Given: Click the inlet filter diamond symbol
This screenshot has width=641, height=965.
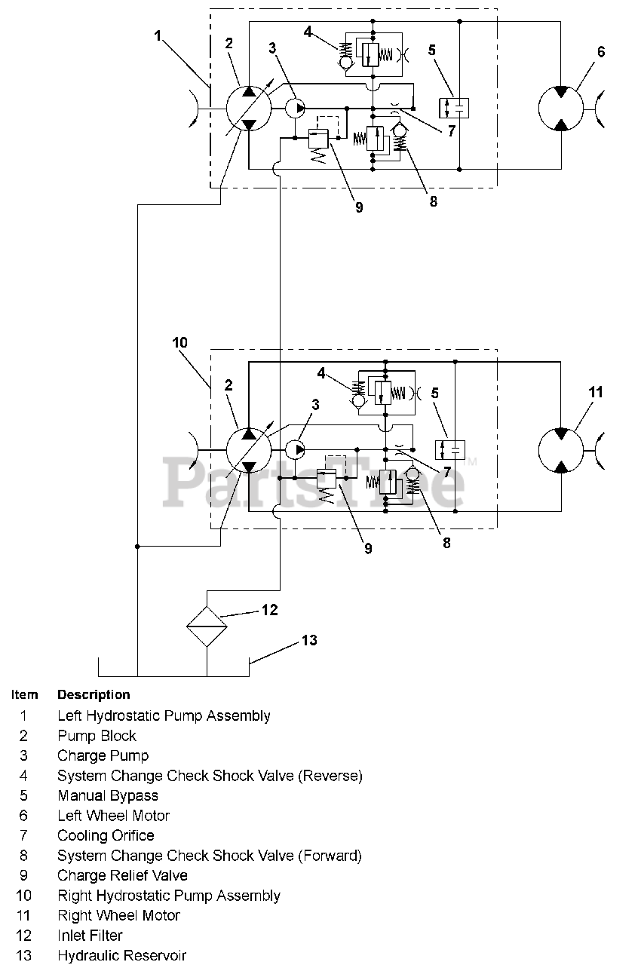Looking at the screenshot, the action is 207,626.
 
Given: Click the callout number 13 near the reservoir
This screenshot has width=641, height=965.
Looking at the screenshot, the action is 309,641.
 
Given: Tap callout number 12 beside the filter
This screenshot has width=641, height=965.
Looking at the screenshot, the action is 270,610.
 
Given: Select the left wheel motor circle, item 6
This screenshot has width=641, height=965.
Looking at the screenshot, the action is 561,108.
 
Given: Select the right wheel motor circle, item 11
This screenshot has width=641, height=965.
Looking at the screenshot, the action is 561,450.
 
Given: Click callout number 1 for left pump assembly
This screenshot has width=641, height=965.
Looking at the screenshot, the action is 158,35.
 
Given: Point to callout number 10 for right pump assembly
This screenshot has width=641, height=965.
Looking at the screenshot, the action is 179,342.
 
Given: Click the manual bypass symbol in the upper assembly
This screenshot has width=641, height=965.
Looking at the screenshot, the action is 454,108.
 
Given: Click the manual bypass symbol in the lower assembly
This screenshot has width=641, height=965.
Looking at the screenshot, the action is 449,450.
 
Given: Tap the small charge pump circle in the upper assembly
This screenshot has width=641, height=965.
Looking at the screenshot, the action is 295,108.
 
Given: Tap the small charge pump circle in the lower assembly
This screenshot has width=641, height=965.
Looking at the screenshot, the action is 295,450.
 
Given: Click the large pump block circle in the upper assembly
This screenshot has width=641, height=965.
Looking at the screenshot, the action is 249,108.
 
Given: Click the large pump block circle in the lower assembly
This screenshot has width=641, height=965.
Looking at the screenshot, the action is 249,450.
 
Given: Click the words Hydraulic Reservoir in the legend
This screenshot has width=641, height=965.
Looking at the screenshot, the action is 122,955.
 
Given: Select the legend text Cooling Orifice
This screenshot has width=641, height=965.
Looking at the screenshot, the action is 106,835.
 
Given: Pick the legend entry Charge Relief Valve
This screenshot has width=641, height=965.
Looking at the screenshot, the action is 123,875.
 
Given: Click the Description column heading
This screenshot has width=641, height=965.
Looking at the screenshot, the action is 94,694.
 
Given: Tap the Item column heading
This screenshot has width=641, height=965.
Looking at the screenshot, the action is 25,694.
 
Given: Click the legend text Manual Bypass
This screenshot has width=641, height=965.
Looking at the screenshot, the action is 108,795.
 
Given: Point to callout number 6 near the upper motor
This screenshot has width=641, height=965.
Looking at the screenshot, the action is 601,52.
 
